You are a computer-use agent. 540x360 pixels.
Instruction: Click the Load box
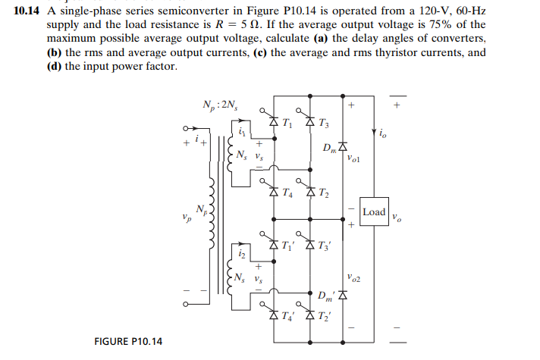point(375,211)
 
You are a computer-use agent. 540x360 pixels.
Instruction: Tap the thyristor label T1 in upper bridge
point(285,124)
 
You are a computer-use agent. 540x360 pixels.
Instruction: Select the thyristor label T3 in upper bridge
point(324,124)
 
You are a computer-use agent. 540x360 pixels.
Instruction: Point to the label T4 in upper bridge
point(285,193)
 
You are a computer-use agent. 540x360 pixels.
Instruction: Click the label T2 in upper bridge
point(324,193)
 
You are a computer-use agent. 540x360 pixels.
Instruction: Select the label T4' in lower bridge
point(287,317)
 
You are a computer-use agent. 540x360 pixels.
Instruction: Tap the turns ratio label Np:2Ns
point(220,104)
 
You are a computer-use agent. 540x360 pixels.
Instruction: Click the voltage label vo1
point(356,160)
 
